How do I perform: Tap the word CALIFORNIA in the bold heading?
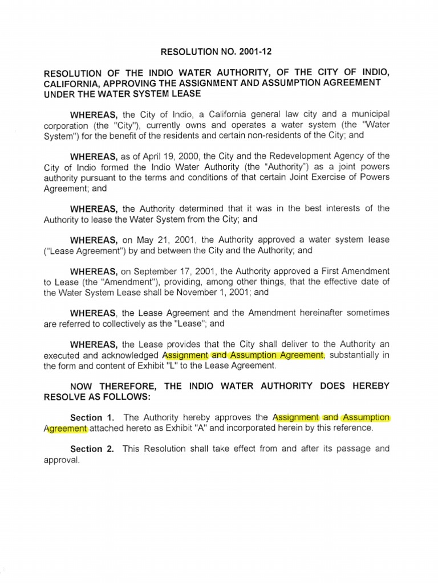pyautogui.click(x=71, y=83)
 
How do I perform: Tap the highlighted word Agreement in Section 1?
pyautogui.click(x=66, y=428)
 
